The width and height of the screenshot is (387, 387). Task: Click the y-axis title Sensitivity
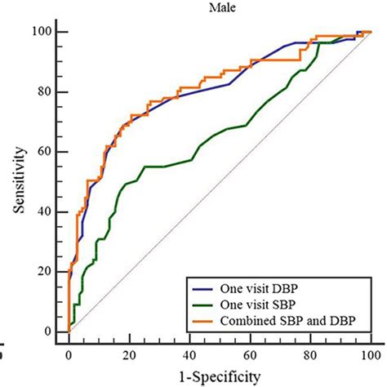point(17,181)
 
